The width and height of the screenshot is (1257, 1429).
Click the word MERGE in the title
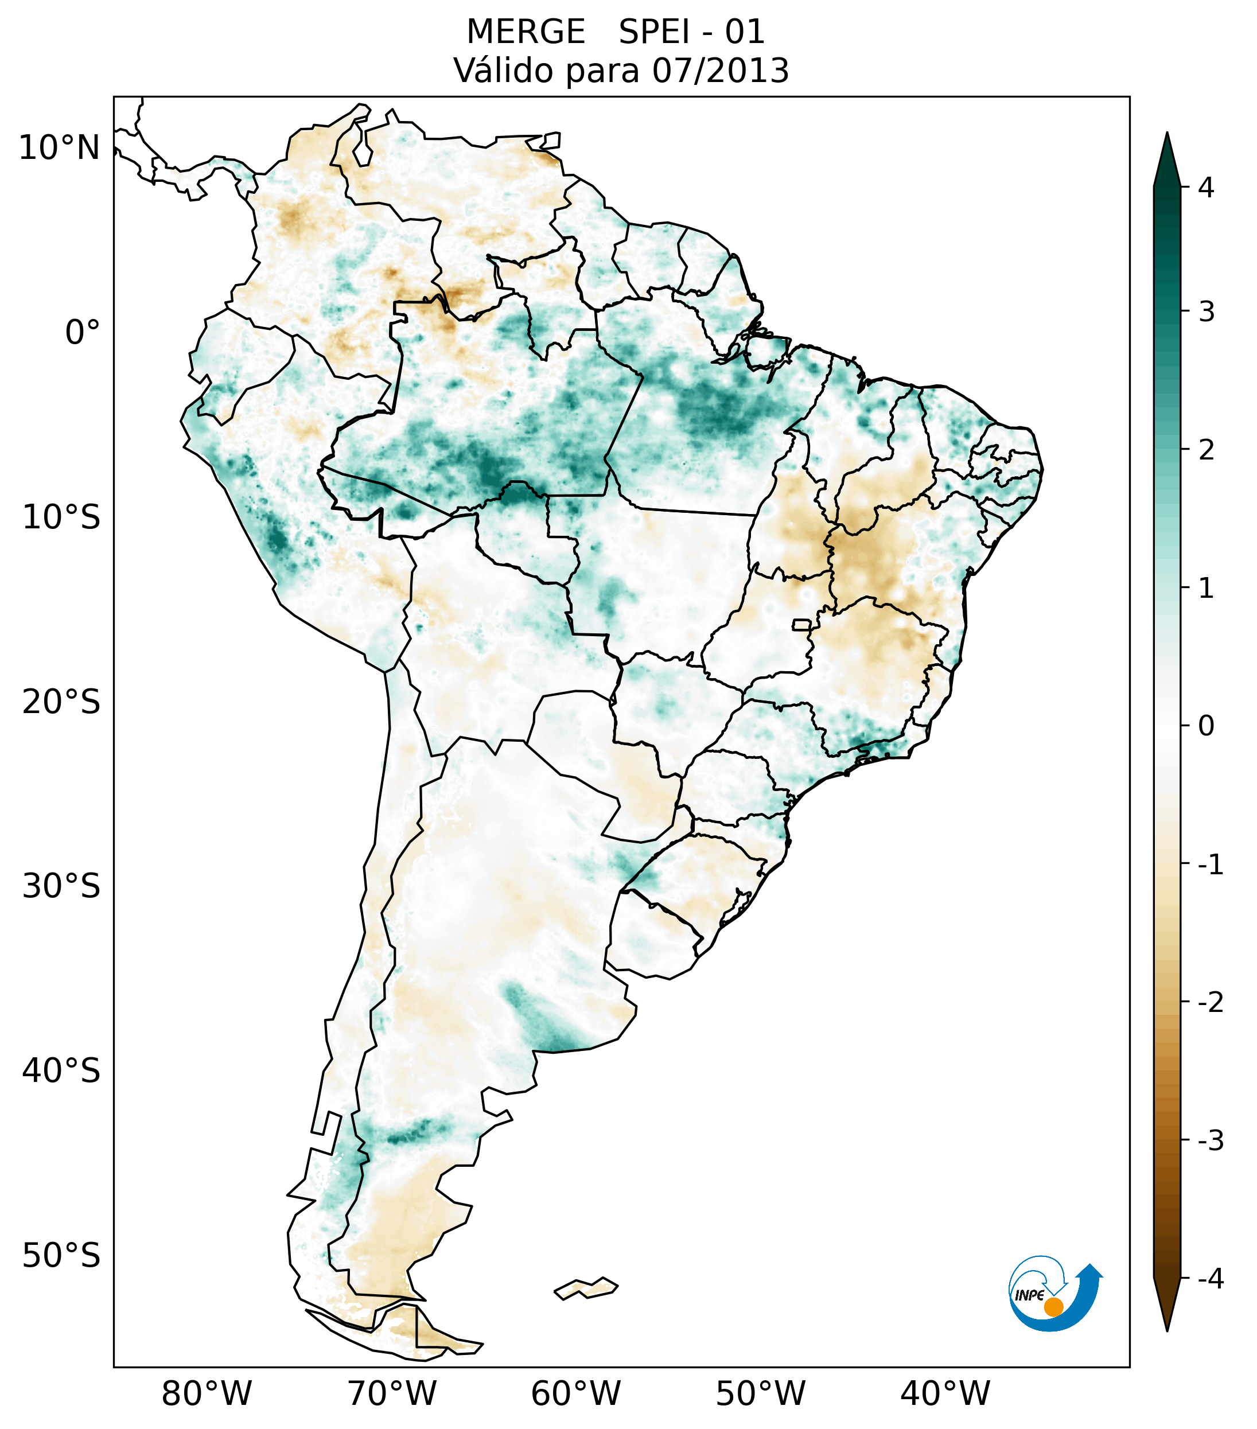coord(525,32)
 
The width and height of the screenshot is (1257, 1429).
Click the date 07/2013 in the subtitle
coord(720,71)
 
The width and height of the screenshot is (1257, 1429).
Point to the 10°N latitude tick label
coord(60,148)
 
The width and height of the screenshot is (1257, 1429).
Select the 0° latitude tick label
coord(83,333)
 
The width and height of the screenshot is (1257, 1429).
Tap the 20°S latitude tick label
coord(61,702)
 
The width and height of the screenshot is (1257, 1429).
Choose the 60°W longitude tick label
coord(575,1393)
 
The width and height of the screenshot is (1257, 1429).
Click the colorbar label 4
coord(1205,188)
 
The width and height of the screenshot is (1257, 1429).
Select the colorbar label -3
coord(1210,1141)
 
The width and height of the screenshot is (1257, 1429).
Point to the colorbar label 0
coord(1205,726)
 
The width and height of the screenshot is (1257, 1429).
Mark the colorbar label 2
coord(1205,450)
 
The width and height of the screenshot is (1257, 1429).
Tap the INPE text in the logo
coord(1029,1295)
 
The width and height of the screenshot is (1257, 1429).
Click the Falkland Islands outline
coord(586,1288)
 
